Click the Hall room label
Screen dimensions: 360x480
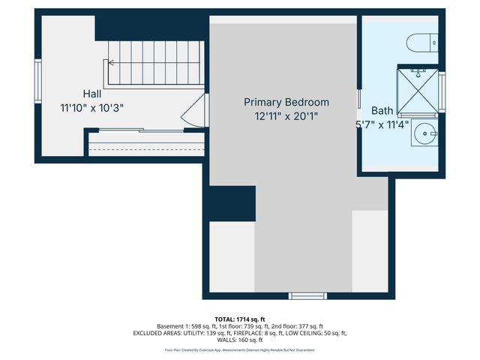pyautogui.click(x=92, y=94)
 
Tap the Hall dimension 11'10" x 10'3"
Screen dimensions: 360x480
pyautogui.click(x=92, y=108)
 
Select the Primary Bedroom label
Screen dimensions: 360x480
pyautogui.click(x=286, y=102)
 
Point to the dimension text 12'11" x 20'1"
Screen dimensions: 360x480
pyautogui.click(x=286, y=116)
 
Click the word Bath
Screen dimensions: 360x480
pyautogui.click(x=382, y=110)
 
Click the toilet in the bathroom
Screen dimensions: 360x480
pyautogui.click(x=420, y=43)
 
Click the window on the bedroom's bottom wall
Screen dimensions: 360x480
pyautogui.click(x=308, y=295)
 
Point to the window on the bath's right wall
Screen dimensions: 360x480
pyautogui.click(x=442, y=91)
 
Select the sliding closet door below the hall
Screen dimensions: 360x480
pyautogui.click(x=146, y=132)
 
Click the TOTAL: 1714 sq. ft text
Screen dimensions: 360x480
pyautogui.click(x=239, y=319)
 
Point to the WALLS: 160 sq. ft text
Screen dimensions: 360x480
pyautogui.click(x=239, y=340)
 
